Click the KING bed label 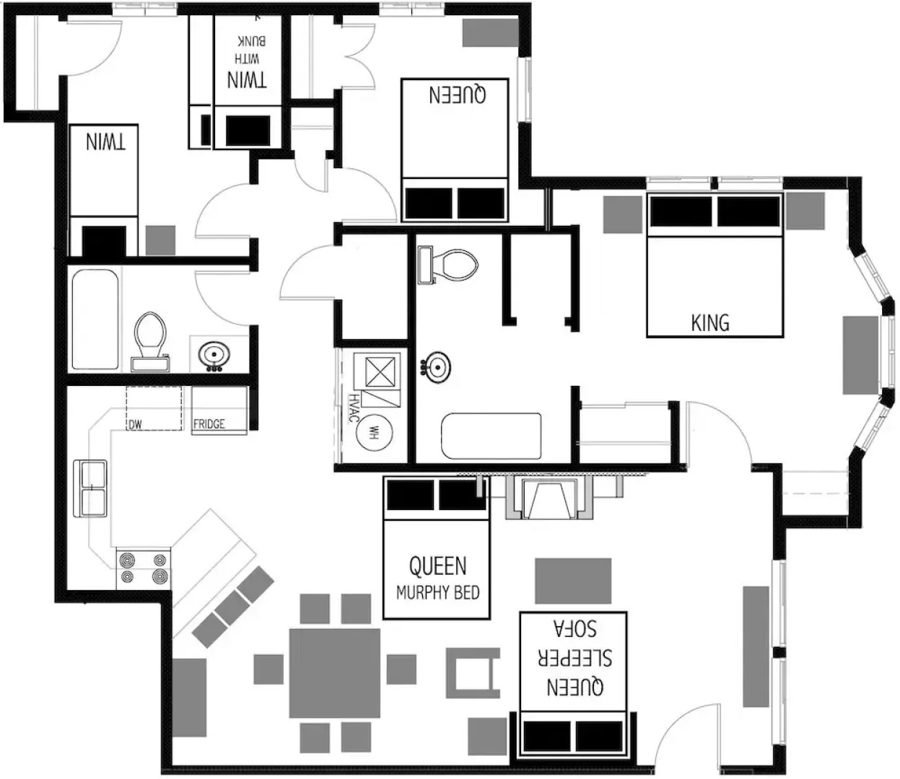pos(710,322)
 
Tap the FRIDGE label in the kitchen pos(209,424)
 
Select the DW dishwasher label pos(136,425)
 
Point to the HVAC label pos(354,408)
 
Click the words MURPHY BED pos(437,593)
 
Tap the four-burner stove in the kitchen pos(144,568)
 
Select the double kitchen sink pos(92,488)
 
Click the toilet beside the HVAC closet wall pos(453,264)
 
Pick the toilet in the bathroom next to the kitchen pos(150,338)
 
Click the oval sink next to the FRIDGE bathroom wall pos(214,355)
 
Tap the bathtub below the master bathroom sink pos(491,436)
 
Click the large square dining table pos(335,672)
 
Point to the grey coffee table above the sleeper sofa pos(573,580)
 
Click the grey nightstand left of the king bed pos(621,214)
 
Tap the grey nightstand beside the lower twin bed pos(160,239)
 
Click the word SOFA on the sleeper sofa pos(574,628)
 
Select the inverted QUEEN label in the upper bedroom pos(458,94)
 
